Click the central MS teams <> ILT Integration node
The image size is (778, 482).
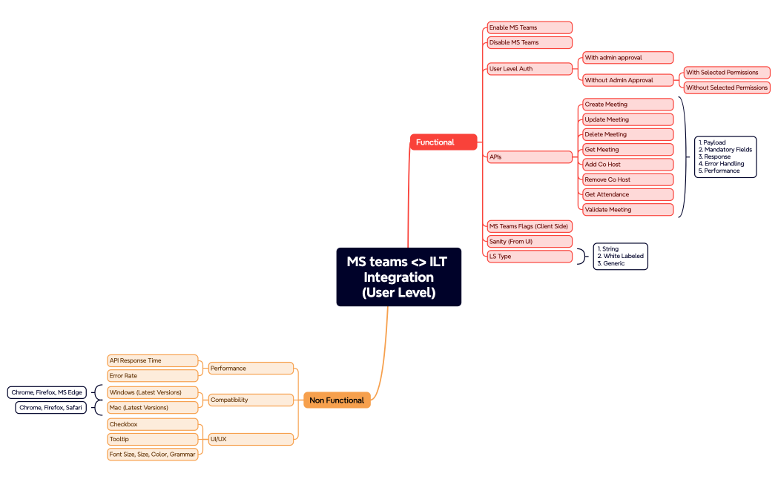(398, 277)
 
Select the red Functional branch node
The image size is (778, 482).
(443, 142)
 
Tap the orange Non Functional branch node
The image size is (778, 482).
(337, 400)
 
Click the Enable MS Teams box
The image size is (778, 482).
(529, 27)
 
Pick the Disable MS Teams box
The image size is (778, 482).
(529, 42)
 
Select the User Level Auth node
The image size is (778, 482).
(529, 69)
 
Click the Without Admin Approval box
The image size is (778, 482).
(627, 80)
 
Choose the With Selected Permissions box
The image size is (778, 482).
(726, 73)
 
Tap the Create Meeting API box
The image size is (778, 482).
(627, 105)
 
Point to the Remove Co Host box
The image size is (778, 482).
(627, 179)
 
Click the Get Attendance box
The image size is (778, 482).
(627, 194)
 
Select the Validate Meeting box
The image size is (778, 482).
(627, 210)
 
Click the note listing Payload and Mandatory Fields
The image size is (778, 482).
(725, 156)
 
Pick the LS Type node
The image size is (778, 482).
(529, 257)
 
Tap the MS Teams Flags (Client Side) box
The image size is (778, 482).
(529, 226)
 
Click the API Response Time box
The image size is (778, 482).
(153, 360)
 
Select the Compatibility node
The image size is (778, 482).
(251, 400)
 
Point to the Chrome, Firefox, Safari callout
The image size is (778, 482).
(51, 408)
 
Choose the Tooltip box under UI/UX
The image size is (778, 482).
(153, 439)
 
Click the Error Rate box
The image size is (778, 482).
(153, 376)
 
